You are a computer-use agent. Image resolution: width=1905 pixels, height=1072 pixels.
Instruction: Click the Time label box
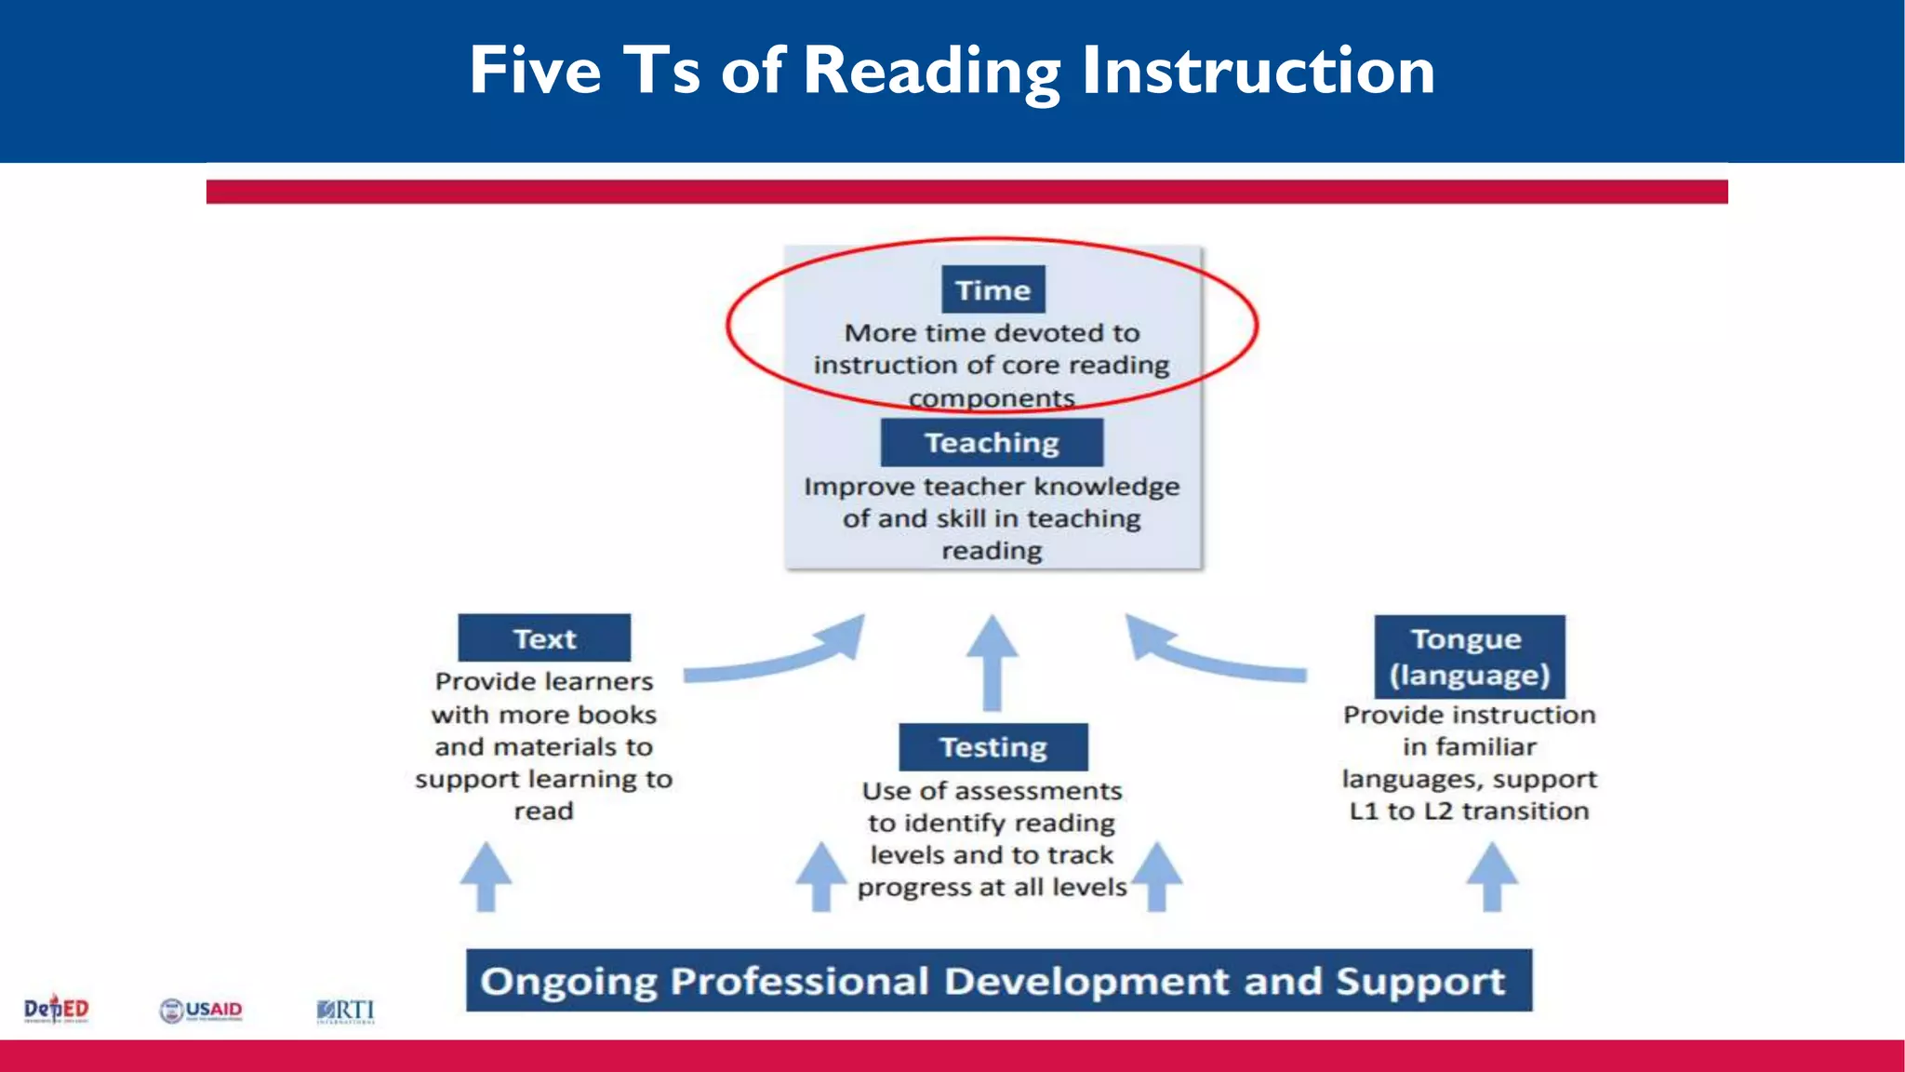click(992, 289)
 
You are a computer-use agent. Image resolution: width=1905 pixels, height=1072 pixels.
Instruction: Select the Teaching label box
click(992, 442)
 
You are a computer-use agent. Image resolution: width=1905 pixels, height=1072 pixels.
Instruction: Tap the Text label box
click(544, 638)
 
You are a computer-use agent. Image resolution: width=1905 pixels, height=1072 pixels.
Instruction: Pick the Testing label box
click(992, 746)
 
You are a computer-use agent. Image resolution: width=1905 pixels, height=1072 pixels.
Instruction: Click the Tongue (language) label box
click(1469, 657)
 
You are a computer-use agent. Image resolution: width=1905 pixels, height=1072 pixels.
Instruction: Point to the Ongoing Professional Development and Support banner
click(998, 981)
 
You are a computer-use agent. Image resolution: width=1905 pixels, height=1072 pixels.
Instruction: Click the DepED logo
click(56, 1009)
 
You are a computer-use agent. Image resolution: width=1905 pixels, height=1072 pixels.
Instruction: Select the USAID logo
click(201, 1011)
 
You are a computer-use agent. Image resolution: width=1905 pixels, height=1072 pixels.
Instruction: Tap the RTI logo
click(345, 1011)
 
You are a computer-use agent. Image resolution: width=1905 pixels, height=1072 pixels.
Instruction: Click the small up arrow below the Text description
click(486, 876)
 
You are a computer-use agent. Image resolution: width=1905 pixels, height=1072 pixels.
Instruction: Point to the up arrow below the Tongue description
click(1492, 876)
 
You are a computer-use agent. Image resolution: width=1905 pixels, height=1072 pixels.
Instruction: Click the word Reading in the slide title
click(931, 71)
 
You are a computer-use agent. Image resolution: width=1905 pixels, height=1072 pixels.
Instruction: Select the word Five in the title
click(536, 71)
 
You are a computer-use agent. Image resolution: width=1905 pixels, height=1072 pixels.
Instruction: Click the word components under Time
click(992, 398)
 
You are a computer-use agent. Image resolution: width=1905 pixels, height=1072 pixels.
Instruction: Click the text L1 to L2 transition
click(1469, 811)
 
